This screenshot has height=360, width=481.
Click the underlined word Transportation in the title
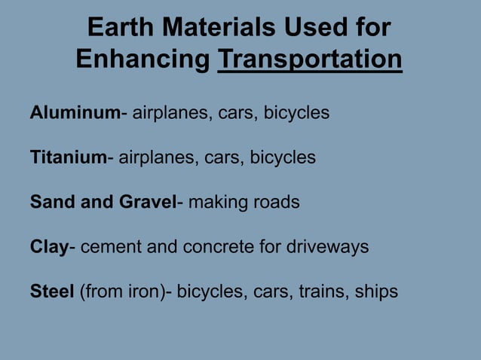pyautogui.click(x=309, y=59)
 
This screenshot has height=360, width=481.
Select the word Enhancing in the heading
pyautogui.click(x=142, y=59)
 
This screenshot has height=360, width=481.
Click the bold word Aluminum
pyautogui.click(x=75, y=113)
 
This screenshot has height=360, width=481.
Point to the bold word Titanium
pyautogui.click(x=68, y=157)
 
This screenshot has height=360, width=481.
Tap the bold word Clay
pyautogui.click(x=49, y=246)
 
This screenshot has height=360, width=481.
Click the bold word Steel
pyautogui.click(x=52, y=291)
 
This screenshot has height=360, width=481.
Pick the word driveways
pyautogui.click(x=329, y=246)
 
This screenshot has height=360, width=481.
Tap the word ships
pyautogui.click(x=374, y=291)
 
